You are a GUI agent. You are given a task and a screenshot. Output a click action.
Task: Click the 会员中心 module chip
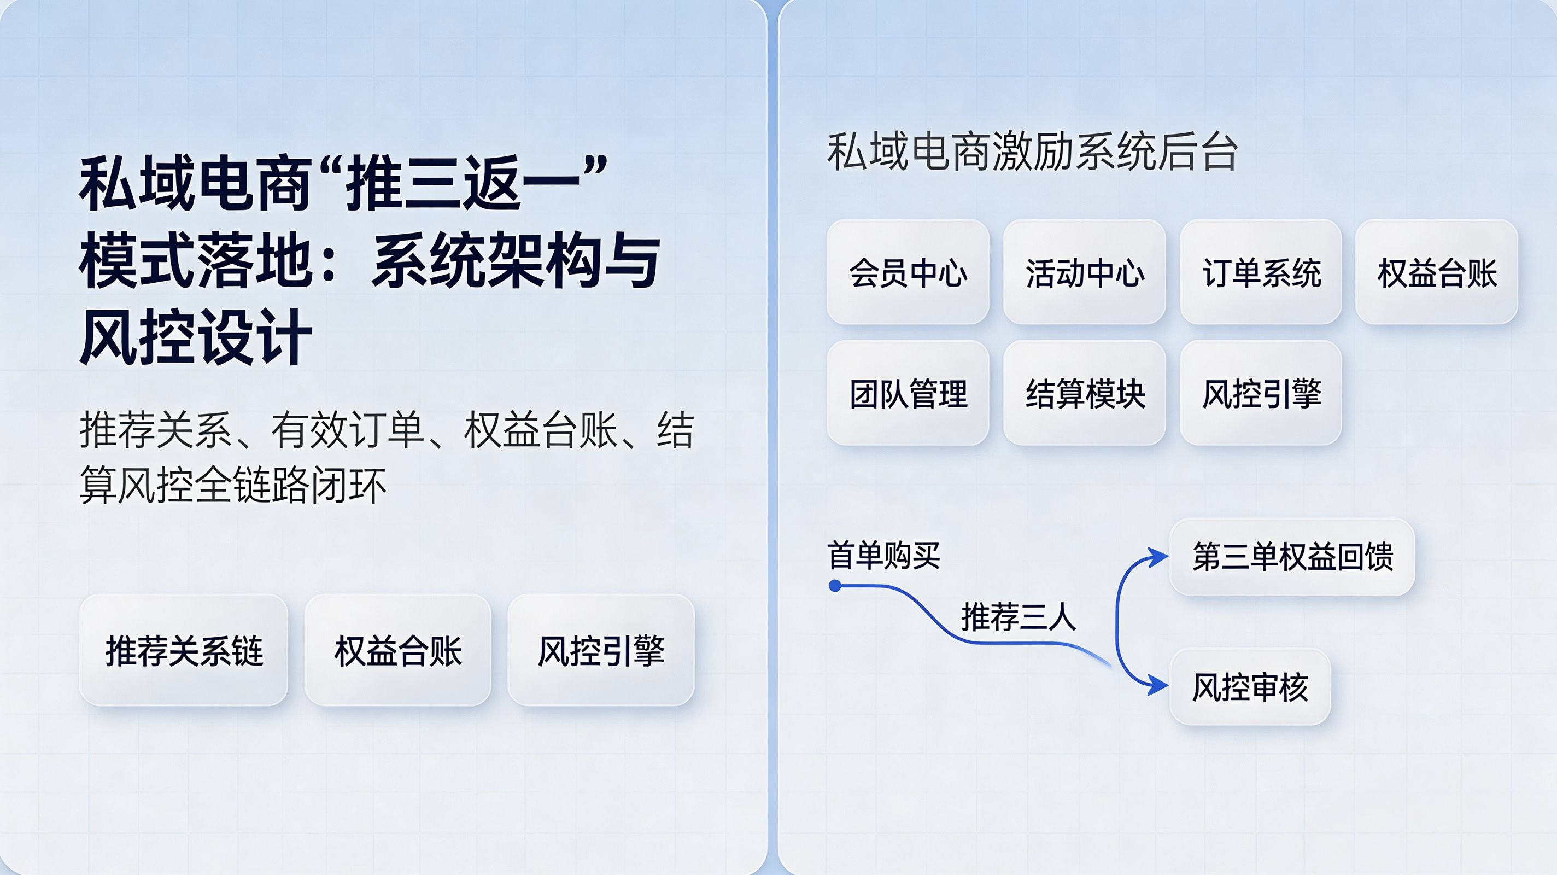tap(908, 272)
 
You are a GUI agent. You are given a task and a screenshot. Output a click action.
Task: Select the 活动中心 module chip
tap(1084, 272)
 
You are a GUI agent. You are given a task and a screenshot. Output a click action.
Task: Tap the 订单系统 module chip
tap(1261, 272)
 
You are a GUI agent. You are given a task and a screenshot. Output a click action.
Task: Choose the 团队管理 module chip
tap(908, 393)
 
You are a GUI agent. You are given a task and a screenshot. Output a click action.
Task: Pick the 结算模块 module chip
tap(1084, 393)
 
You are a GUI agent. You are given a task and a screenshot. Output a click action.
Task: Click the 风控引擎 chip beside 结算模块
tap(1261, 393)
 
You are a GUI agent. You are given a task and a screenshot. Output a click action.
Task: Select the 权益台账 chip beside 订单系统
tap(1437, 272)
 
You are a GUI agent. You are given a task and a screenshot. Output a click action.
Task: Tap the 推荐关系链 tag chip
tap(184, 650)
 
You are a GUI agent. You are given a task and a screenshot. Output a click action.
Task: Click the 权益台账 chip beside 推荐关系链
tap(397, 650)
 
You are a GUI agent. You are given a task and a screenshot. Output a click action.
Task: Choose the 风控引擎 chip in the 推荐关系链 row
tap(601, 650)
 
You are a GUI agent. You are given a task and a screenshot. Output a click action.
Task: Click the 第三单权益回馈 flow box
tap(1292, 557)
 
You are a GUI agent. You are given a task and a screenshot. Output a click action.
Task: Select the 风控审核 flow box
tap(1250, 686)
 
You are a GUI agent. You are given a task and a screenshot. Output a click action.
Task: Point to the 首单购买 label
tap(883, 555)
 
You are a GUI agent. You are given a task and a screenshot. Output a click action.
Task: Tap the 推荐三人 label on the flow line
tap(1019, 617)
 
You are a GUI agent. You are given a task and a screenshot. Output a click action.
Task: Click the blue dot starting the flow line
tap(835, 585)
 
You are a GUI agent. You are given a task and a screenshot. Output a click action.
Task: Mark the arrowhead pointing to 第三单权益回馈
tap(1158, 557)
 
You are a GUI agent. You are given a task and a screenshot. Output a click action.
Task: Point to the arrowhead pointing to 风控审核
tap(1158, 686)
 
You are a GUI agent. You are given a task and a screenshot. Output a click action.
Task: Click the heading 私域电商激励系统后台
tap(1032, 152)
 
